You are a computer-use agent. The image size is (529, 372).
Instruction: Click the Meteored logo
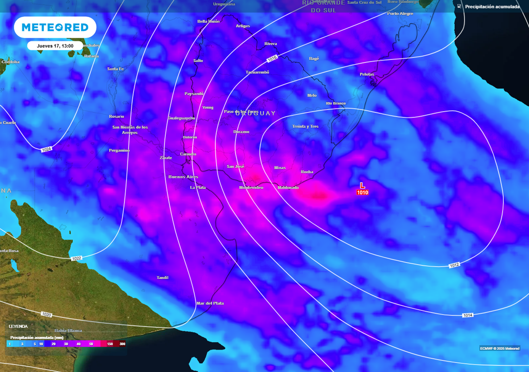(55, 27)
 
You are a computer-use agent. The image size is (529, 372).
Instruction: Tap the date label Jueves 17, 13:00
(55, 45)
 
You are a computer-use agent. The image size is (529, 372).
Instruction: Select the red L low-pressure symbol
(362, 185)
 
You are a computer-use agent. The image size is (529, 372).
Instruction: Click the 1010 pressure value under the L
(362, 193)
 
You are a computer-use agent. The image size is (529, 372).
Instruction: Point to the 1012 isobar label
(454, 266)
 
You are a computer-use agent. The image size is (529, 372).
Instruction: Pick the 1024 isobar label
(46, 149)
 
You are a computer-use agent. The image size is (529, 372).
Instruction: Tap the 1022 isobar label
(76, 258)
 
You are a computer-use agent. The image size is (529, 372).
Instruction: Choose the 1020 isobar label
(46, 314)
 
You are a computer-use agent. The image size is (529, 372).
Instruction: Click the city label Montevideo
(251, 188)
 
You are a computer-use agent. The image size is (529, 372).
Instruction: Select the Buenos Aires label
(183, 177)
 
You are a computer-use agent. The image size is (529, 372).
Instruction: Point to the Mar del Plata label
(210, 303)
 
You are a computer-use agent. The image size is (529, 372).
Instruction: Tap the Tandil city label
(163, 278)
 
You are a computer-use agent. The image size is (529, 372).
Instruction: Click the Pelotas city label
(367, 74)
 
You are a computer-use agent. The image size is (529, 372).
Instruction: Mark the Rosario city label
(117, 116)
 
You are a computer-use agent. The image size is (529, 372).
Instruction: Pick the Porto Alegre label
(400, 13)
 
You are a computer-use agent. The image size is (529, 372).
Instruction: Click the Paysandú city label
(194, 94)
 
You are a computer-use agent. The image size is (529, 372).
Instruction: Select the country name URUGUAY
(255, 113)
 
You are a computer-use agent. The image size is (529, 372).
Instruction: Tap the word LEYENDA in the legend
(18, 327)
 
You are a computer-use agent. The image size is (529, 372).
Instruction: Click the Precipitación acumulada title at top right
(492, 7)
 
